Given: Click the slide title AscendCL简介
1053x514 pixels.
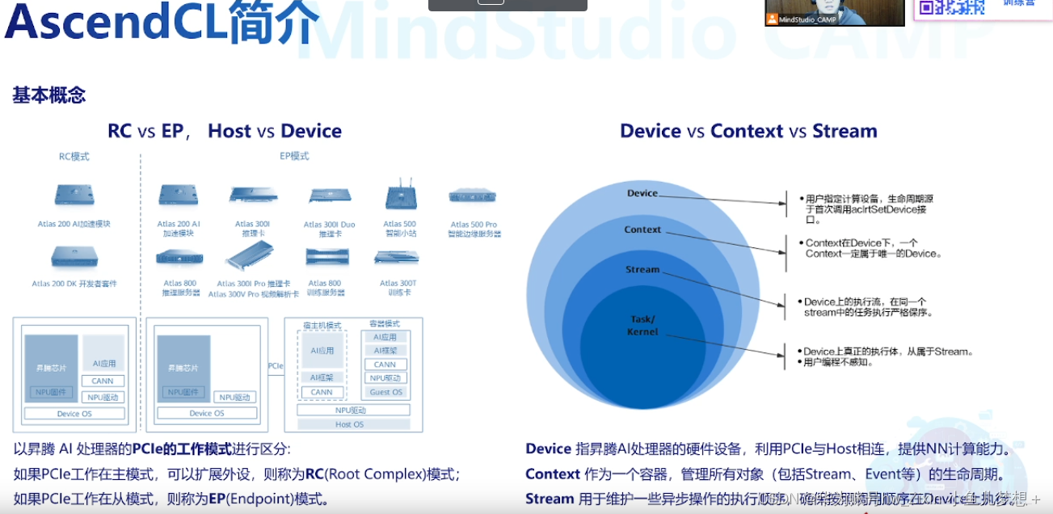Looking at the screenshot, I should (x=162, y=23).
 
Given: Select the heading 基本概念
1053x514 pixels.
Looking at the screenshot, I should (x=48, y=95).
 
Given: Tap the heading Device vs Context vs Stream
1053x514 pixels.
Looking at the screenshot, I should (x=748, y=131).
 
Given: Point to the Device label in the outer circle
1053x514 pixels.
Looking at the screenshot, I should (x=642, y=193).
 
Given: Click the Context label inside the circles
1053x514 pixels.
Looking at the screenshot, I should (x=642, y=230).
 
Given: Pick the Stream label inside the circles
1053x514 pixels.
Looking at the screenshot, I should (x=642, y=269).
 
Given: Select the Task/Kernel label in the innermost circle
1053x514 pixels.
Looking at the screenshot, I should (x=642, y=325).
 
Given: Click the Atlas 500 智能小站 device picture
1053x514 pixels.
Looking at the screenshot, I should (x=400, y=197).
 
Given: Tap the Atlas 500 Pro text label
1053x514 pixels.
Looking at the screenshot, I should (x=474, y=225).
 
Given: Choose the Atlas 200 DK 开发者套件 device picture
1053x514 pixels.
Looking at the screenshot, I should (x=74, y=258).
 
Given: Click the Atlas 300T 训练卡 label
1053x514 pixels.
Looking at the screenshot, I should (x=398, y=288).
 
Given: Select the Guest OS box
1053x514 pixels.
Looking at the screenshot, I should (x=385, y=392).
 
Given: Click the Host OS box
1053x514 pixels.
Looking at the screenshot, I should (x=349, y=424).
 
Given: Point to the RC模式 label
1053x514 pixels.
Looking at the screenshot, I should (x=74, y=156).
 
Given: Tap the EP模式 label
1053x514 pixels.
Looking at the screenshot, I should (x=294, y=156).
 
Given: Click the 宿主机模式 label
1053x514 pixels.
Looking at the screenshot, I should (x=322, y=325).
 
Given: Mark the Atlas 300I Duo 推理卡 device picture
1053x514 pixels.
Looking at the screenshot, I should (x=329, y=196).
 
